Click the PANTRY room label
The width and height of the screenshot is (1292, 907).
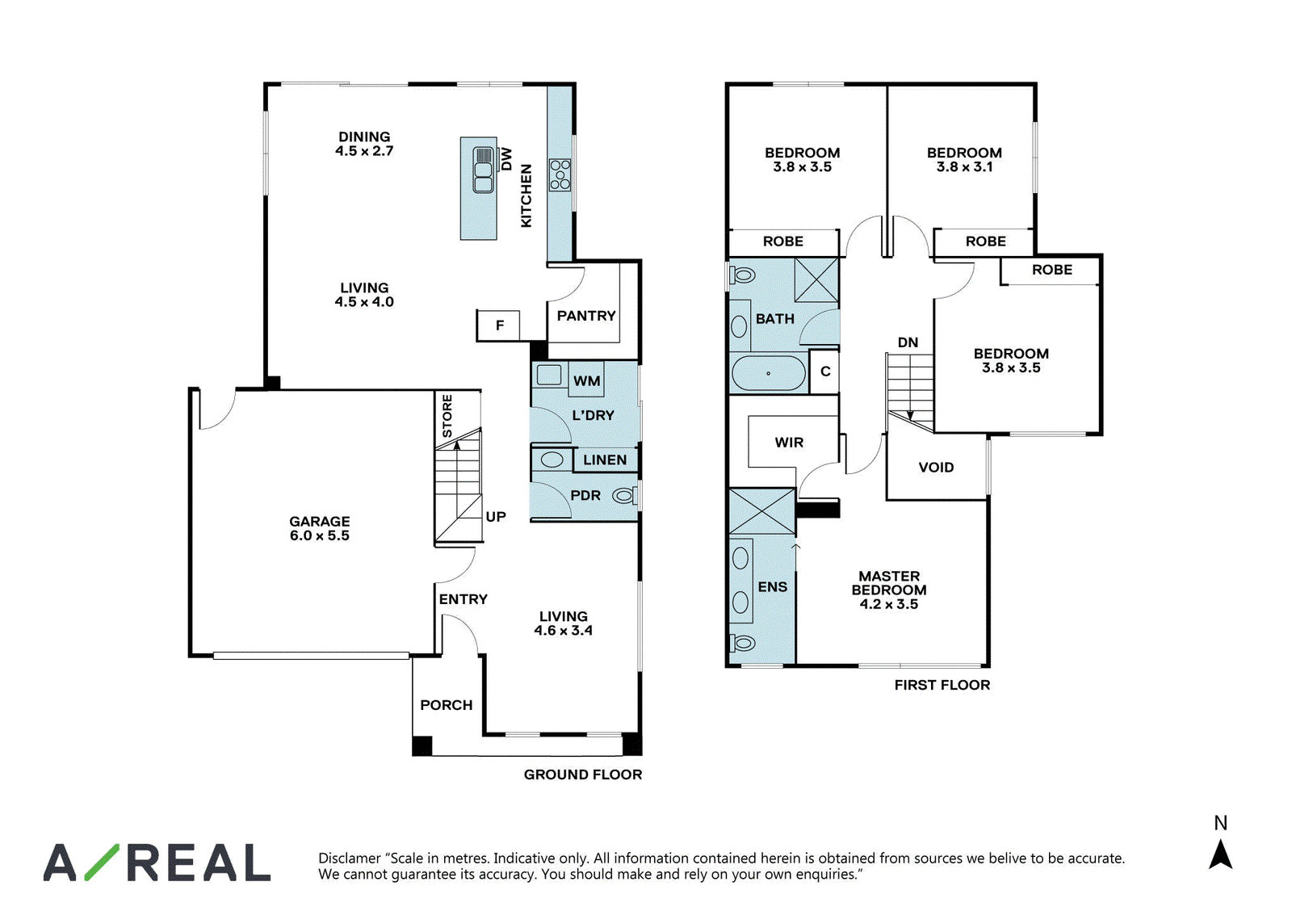coord(586,316)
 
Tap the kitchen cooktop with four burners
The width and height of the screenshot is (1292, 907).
coord(560,174)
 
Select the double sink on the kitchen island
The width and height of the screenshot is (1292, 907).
coord(483,170)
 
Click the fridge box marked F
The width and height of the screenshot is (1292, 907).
coord(498,325)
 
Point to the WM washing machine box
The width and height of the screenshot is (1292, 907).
coord(586,380)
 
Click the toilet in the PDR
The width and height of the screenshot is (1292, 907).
coord(625,495)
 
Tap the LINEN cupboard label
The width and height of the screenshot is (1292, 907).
coord(605,460)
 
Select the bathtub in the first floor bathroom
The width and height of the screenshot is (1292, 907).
coord(768,373)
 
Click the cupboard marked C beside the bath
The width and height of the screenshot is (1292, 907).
coord(824,371)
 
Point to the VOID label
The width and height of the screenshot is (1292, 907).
coord(936,468)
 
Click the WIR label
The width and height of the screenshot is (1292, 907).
coord(789,443)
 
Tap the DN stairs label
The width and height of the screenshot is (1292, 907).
coord(908,342)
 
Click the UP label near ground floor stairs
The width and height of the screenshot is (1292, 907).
coord(496,517)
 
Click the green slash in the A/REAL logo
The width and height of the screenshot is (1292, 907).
coord(102,862)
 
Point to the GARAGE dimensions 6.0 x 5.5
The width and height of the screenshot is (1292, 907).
coord(320,535)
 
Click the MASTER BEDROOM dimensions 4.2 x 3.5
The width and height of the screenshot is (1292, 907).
coord(889,604)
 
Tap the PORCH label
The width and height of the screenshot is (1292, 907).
coord(446,705)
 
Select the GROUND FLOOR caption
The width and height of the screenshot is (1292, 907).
coord(582,775)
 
